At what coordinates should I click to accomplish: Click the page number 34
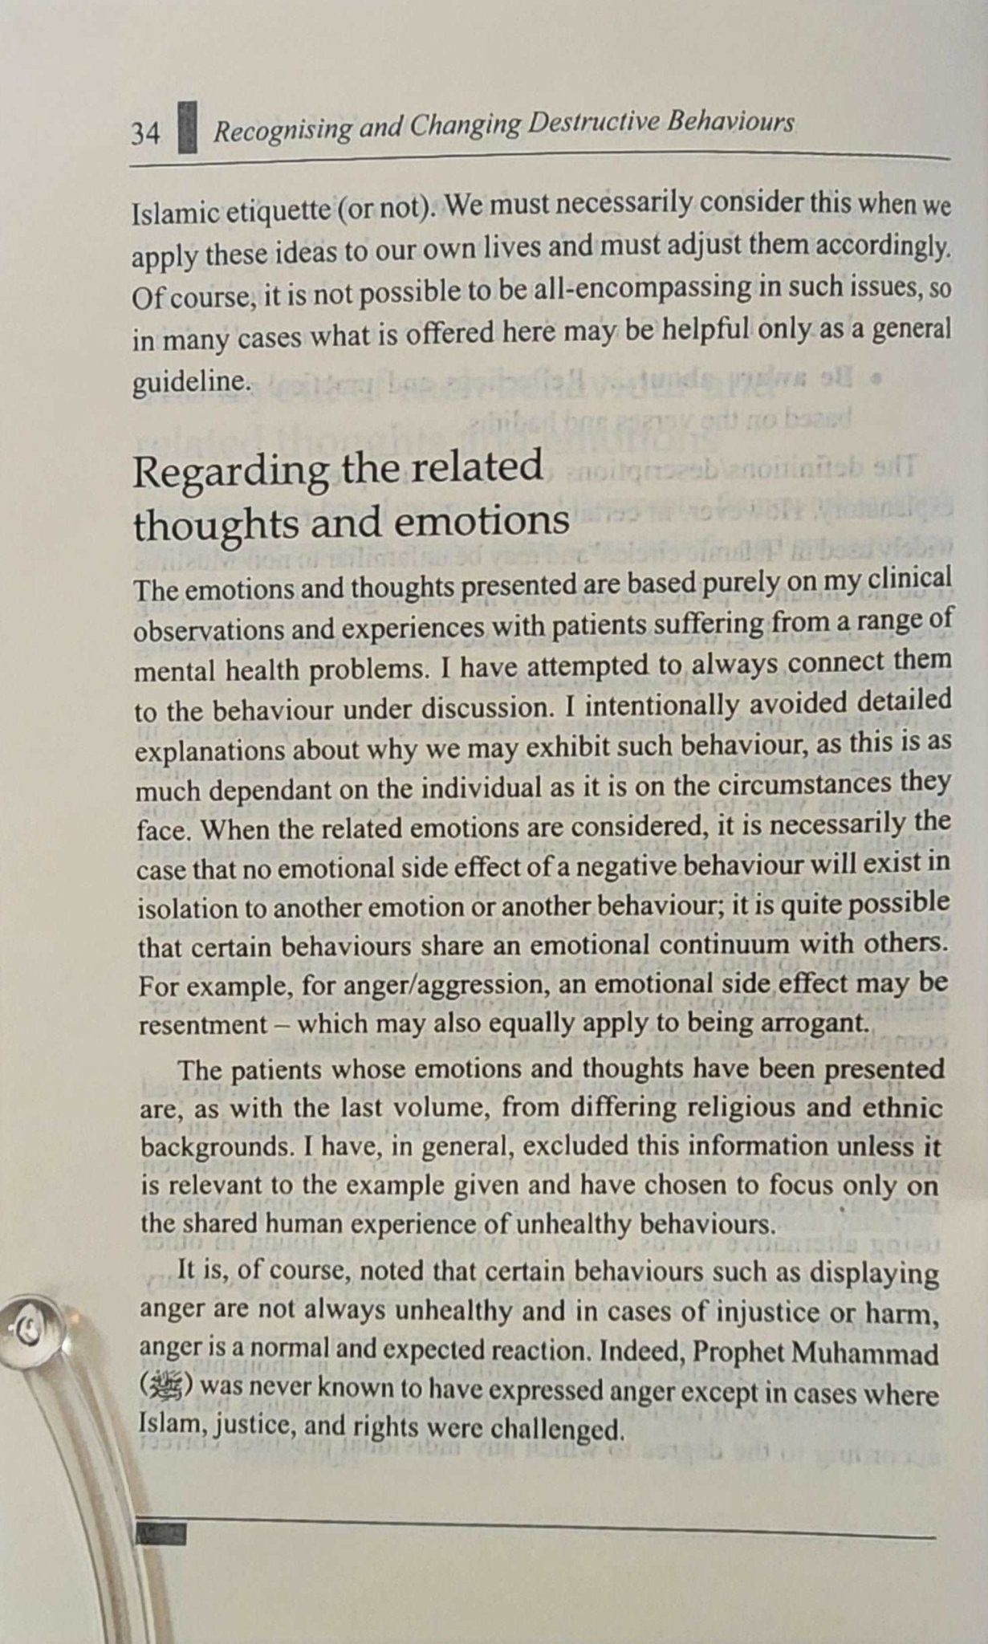145,133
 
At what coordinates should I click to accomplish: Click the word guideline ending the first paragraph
191,380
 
